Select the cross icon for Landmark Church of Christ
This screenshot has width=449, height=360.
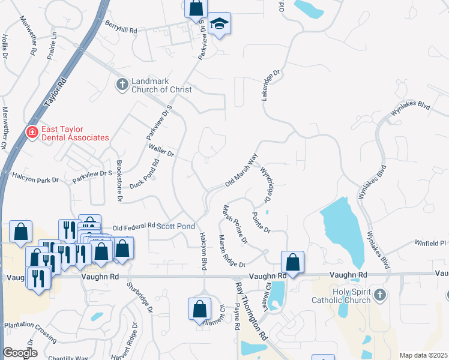122,85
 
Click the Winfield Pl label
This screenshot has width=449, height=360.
430,243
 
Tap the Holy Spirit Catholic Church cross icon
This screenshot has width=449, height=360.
379,295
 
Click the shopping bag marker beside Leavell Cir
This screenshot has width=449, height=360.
292,262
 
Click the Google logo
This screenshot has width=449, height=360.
20,353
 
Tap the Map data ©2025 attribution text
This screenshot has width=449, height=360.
423,355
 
